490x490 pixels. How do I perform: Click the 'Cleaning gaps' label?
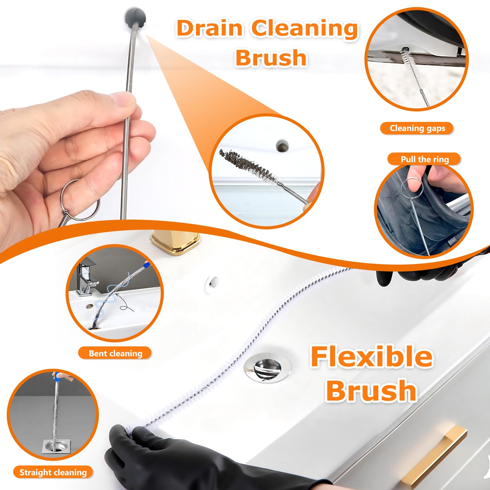(x=417, y=128)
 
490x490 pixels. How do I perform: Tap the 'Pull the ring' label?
(x=424, y=159)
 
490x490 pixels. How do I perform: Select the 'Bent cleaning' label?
(x=115, y=353)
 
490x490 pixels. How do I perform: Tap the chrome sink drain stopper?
(x=267, y=366)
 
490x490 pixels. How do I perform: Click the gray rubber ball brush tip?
(x=135, y=17)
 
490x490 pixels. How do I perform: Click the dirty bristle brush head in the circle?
(x=250, y=166)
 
